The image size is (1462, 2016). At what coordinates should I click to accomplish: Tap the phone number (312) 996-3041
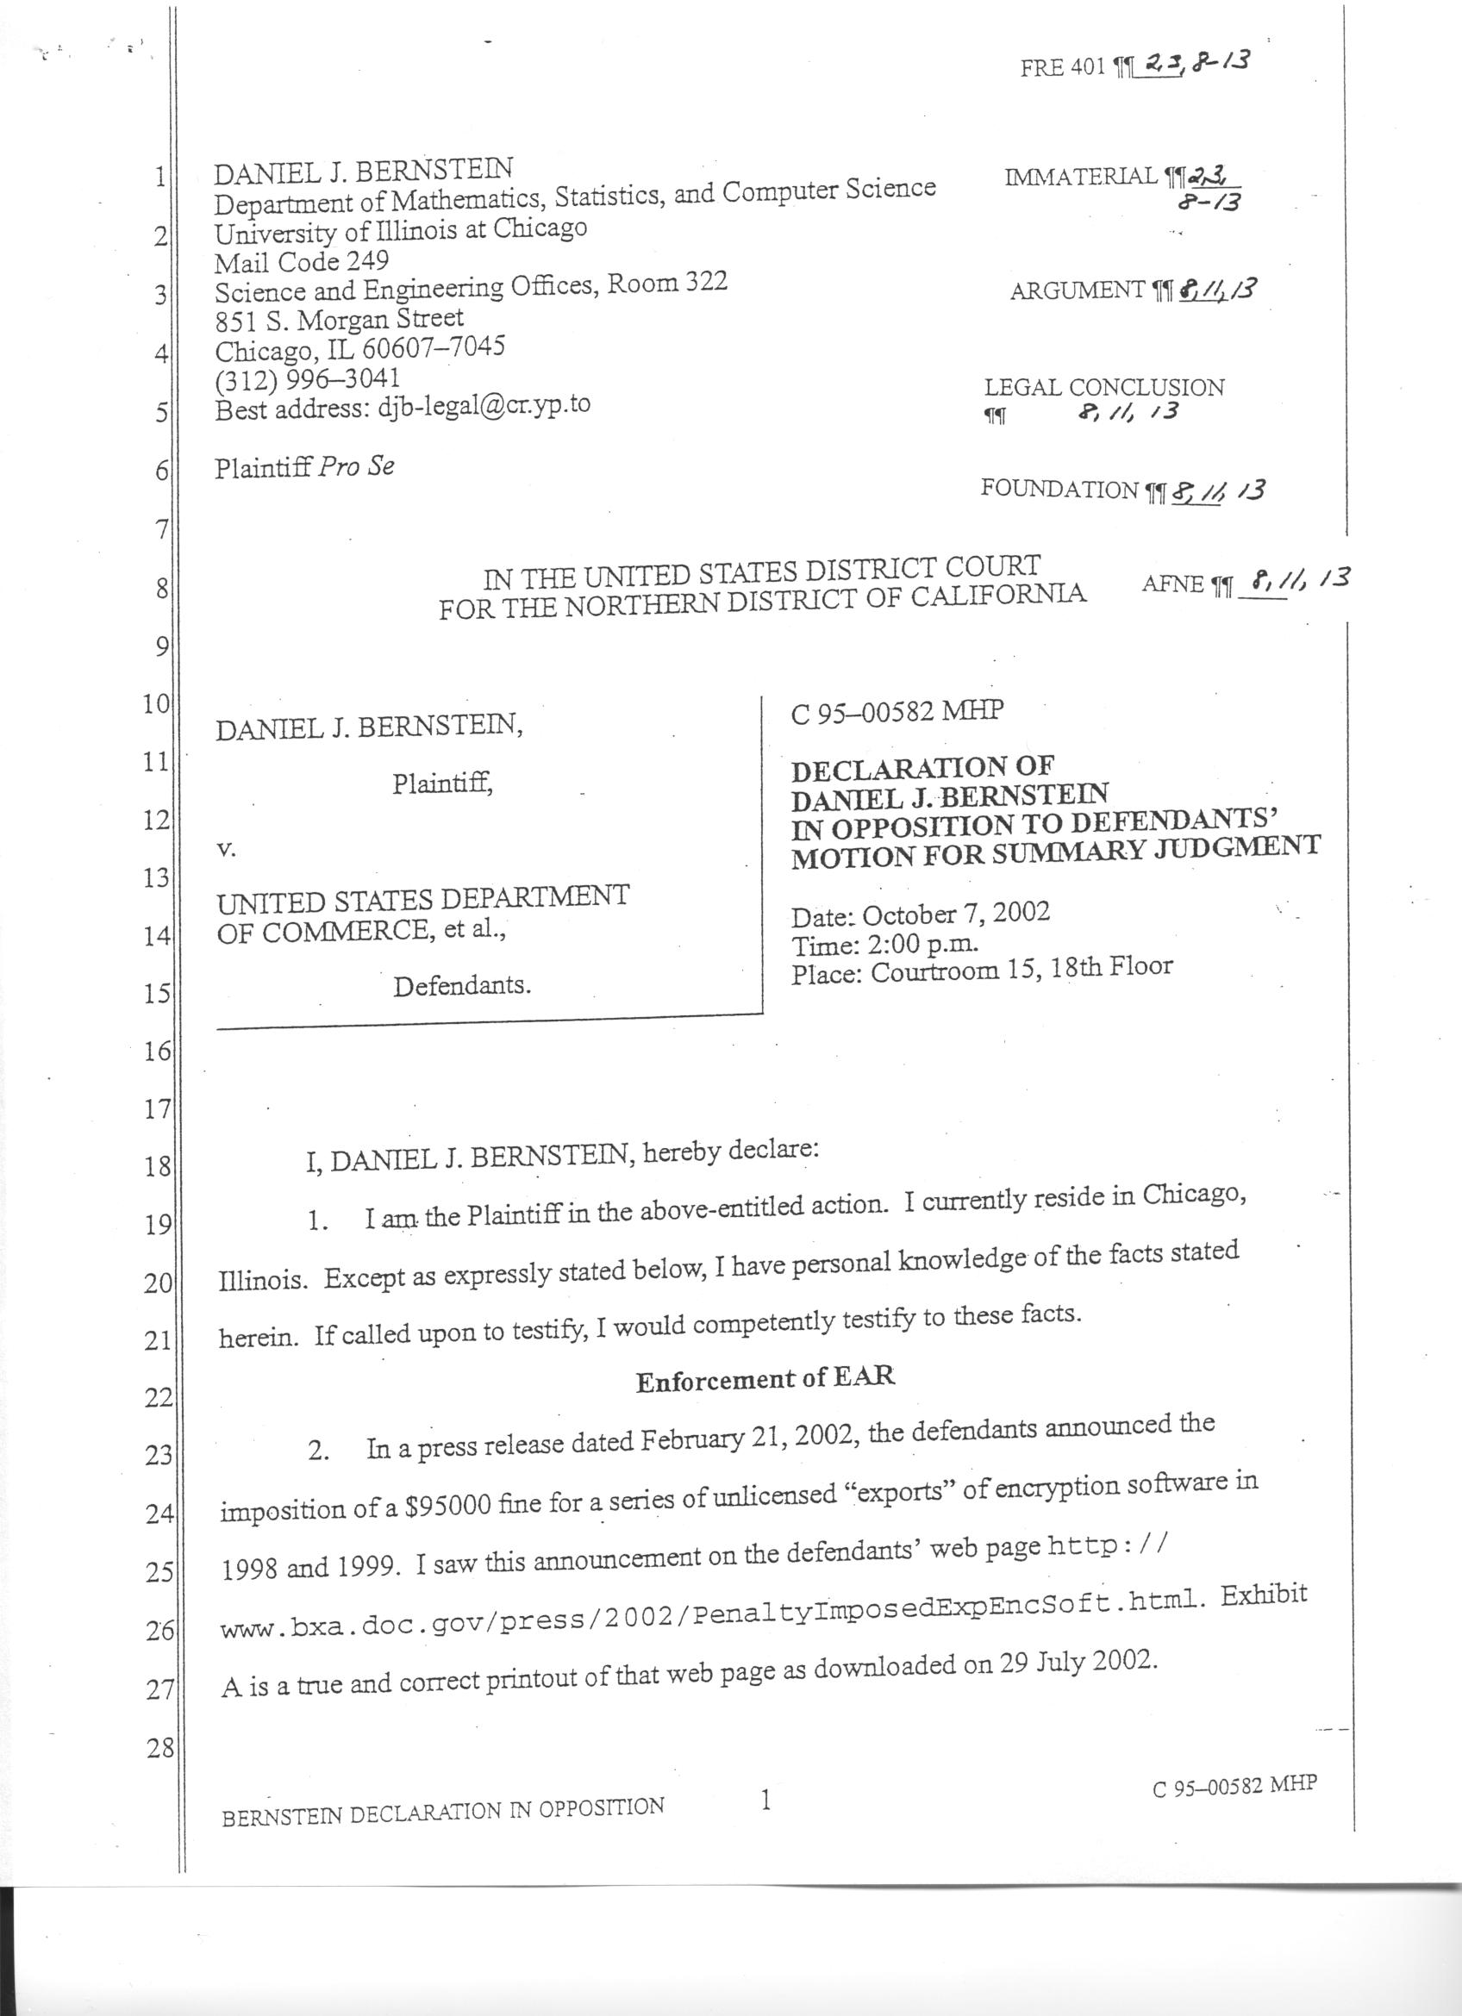click(308, 379)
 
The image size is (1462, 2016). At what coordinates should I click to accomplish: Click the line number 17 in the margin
click(157, 1109)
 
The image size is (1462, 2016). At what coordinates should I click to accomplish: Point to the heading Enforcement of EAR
click(765, 1379)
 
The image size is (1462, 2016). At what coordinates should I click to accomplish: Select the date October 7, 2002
click(956, 914)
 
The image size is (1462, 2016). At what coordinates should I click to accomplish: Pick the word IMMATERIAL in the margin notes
click(1081, 177)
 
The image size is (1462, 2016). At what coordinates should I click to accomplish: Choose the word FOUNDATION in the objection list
click(1059, 489)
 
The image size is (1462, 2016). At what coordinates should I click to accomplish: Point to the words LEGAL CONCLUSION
click(1104, 388)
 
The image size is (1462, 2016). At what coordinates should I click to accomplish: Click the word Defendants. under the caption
click(462, 986)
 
